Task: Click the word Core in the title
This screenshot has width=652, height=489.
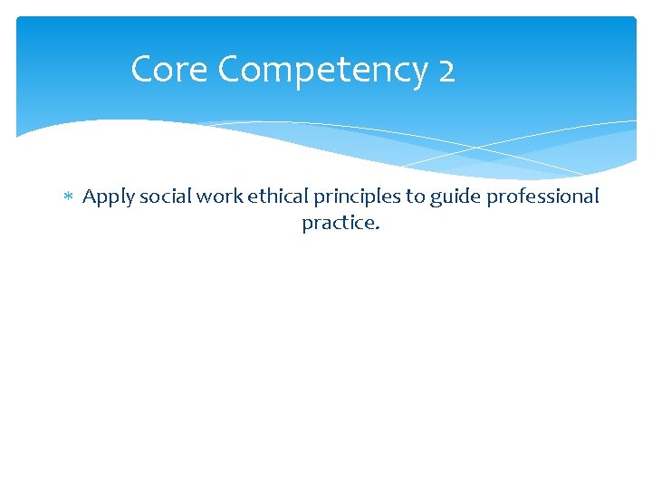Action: (169, 70)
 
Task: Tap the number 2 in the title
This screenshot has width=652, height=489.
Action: (446, 70)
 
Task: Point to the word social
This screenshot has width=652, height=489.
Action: (159, 197)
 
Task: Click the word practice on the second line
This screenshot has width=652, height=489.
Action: (338, 223)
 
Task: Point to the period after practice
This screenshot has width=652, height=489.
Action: (377, 227)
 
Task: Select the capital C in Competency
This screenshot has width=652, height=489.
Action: (231, 70)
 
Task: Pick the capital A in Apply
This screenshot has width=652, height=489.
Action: (90, 197)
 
